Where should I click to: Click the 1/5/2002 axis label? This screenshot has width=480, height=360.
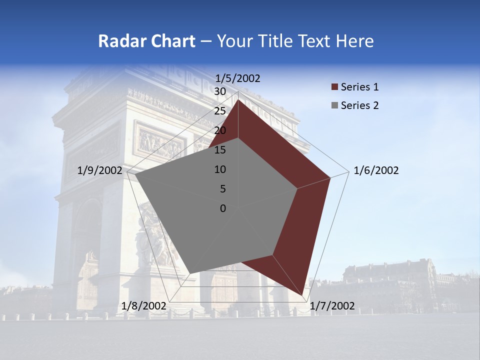238,78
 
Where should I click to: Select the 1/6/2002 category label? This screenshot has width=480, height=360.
376,170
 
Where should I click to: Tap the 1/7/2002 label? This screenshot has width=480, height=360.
332,306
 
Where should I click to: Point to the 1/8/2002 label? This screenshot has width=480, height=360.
144,306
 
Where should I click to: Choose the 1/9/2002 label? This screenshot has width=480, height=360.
100,170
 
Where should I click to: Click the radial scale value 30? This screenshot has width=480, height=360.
220,91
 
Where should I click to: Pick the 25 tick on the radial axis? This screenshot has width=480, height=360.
220,111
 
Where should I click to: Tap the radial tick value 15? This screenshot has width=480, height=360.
220,150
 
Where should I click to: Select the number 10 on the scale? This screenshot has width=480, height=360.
220,169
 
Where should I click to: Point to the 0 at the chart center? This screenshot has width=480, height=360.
223,208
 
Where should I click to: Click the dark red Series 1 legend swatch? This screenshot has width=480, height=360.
334,87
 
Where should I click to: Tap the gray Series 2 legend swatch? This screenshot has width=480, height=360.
334,105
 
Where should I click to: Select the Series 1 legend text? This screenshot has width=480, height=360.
359,87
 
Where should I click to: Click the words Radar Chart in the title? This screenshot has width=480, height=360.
146,41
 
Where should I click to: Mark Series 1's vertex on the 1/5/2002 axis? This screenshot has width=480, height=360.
238,100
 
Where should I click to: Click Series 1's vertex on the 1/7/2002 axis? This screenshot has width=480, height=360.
303,295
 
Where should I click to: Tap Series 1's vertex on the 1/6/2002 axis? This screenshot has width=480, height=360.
330,177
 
